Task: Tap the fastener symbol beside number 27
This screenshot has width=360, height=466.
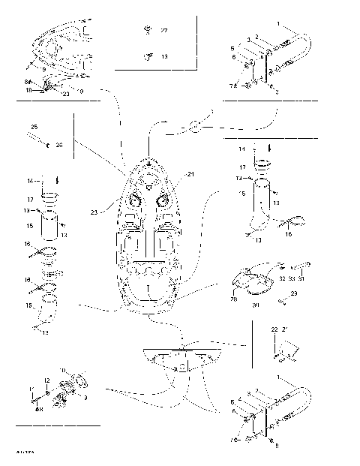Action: click(147, 32)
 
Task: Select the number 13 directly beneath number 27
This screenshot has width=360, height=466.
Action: click(164, 56)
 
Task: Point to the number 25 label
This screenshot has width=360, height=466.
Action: click(34, 127)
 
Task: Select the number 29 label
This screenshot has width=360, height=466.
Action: click(294, 293)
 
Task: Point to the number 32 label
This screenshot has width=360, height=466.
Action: click(281, 278)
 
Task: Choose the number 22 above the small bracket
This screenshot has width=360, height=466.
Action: click(274, 330)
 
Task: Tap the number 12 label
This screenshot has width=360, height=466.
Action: click(46, 381)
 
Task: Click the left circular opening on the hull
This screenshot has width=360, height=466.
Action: click(136, 201)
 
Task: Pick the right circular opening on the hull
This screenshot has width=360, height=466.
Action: click(163, 201)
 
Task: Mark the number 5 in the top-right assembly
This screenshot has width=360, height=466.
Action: click(233, 47)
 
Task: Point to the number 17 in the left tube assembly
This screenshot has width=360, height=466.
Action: click(31, 200)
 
